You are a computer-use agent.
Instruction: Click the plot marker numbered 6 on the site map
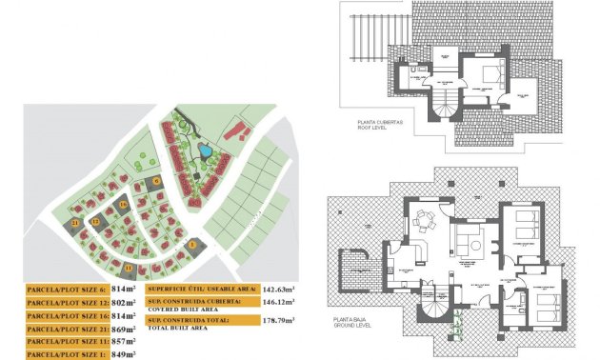pos(156,180)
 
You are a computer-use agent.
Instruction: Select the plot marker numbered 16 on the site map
pos(124,205)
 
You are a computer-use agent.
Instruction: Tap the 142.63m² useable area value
pos(278,287)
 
